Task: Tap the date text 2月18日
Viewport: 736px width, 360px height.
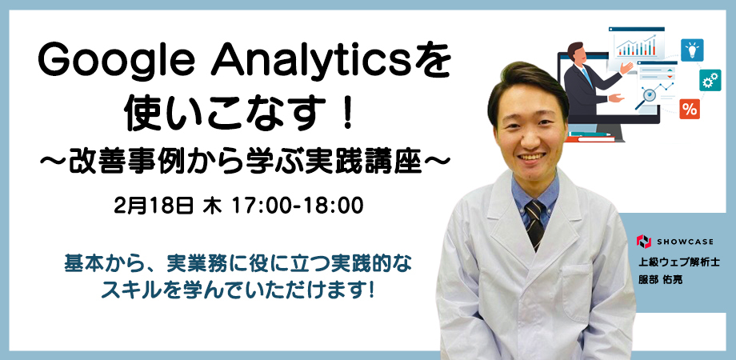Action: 154,206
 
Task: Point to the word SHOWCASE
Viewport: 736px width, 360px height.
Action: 685,242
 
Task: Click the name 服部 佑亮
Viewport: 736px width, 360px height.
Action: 660,279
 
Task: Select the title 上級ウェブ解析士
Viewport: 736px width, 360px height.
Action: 672,262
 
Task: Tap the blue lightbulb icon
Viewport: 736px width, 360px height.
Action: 692,50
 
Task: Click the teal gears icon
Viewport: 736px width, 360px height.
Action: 710,80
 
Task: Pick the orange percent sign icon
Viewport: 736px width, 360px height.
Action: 690,109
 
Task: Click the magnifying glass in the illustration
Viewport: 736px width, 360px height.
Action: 646,98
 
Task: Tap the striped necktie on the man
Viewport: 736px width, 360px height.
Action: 534,223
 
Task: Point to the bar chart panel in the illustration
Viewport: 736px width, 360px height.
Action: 636,44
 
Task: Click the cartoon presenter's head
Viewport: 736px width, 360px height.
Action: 576,52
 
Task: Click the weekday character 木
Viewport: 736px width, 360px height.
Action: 212,206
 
